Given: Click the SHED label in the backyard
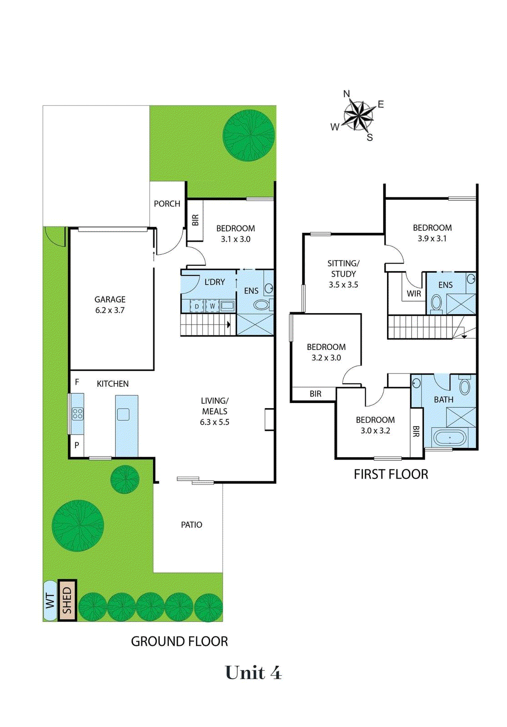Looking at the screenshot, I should [x=67, y=600].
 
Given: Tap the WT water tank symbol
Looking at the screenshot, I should [x=50, y=600].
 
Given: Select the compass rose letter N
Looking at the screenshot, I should [x=346, y=94].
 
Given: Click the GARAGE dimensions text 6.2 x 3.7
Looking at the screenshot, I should [x=110, y=310].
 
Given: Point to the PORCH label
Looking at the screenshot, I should [x=167, y=204].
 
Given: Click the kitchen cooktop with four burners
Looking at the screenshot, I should [x=78, y=413].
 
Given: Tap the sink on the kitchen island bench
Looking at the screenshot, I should [x=123, y=414].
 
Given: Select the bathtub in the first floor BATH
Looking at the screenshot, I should [x=450, y=438].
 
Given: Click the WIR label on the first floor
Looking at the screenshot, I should [x=414, y=294].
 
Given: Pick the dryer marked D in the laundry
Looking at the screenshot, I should [x=196, y=306].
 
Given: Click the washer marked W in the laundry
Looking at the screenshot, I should [x=212, y=306].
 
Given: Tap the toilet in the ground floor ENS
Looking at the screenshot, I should [x=261, y=304].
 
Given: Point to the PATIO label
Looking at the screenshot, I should [x=191, y=525].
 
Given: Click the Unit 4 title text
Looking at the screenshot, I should [x=253, y=672].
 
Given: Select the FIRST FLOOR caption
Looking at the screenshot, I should [x=391, y=474].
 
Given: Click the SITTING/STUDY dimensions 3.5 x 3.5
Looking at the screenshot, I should [x=343, y=285].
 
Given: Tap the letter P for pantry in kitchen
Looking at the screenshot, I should [x=77, y=445].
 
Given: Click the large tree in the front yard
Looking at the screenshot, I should [x=249, y=135].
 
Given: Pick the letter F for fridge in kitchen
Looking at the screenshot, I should [x=77, y=382].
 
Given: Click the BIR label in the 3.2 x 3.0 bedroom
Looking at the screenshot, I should [x=316, y=394].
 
